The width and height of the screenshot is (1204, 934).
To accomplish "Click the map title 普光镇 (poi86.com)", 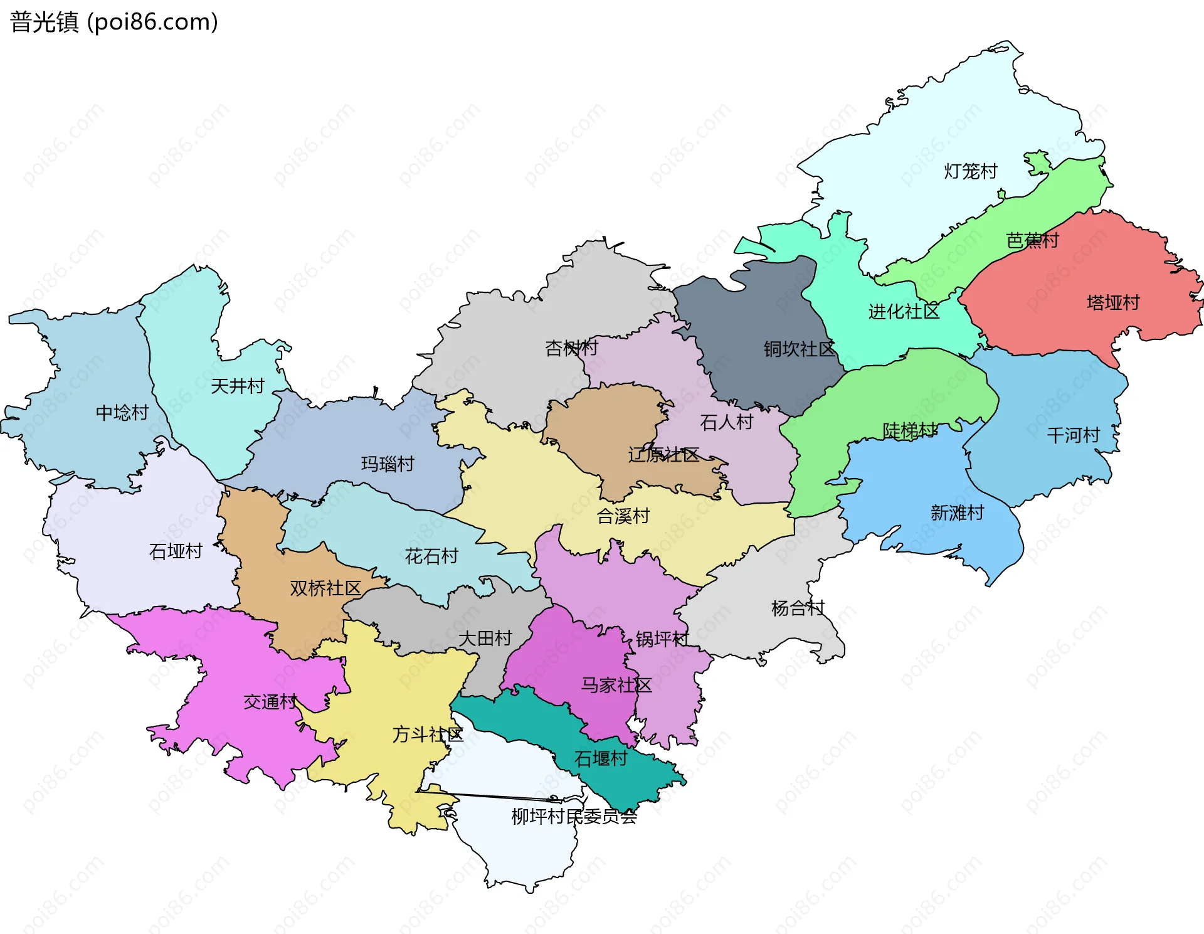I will pos(114,22).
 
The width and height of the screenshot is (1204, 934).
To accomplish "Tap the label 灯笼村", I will pos(970,171).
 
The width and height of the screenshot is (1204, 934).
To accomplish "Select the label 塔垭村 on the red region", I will pos(1113,302).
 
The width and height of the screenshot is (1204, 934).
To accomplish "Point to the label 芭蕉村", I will pos(1032,240).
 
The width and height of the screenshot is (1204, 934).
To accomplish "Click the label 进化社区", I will pos(904,311).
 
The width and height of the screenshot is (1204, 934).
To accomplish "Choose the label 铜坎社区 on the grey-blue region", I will pos(799,349).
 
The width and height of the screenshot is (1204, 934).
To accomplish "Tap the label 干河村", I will pos(1073,435).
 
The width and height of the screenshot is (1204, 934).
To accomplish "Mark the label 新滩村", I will pos(957,512).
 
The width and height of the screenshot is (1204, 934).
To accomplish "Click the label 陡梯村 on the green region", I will pos(909,430).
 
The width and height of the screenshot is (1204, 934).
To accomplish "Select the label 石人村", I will pos(726,422).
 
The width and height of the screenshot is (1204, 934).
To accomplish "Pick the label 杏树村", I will pos(571,348).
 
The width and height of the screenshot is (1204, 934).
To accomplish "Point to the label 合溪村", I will pos(623,516).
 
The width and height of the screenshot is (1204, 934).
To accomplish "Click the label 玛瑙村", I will pos(388,464).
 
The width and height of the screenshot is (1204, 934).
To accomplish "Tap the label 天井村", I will pos(237,386).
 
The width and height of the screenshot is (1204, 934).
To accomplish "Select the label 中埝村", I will pos(122,412).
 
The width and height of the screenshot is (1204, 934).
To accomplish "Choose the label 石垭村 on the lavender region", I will pos(176,551).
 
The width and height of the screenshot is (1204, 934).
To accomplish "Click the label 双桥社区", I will pos(325,588).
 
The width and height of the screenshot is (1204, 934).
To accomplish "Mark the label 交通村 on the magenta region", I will pos(270,701).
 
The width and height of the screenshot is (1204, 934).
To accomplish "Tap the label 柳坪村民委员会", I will pos(574,816).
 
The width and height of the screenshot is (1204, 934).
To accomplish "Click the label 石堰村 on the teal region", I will pos(601,758).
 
